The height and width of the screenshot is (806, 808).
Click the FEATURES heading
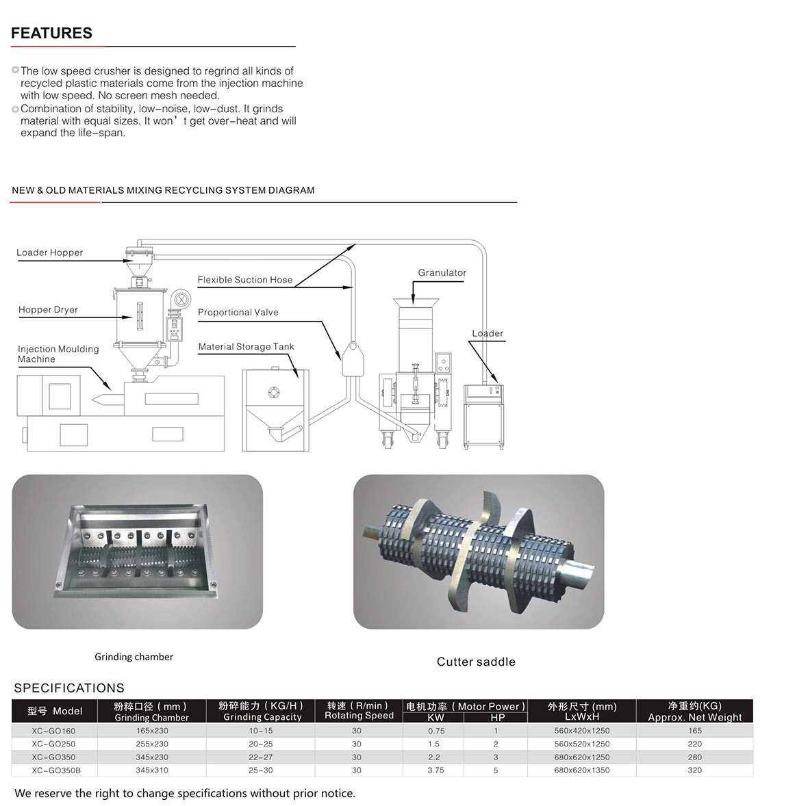point(51,34)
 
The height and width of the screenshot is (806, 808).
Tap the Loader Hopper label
point(50,252)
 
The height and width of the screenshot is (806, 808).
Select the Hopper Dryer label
point(48,310)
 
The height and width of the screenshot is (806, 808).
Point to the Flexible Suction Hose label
point(244,280)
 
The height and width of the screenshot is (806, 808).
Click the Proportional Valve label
point(238,313)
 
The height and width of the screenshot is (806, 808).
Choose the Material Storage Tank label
point(246,347)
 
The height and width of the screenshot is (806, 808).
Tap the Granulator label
point(442,273)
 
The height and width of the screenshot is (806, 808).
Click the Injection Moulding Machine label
point(58,354)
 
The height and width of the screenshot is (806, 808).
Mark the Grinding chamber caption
point(134,657)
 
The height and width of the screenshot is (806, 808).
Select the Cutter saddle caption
point(476,662)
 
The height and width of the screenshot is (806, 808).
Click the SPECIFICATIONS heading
point(69,688)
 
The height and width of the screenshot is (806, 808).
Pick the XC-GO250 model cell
point(53,744)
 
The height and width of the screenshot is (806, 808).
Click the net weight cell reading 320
point(694,770)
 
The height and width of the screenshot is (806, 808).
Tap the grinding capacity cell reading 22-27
point(260,757)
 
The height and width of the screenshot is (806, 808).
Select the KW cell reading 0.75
point(435,731)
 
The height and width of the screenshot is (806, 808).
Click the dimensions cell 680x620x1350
point(581,770)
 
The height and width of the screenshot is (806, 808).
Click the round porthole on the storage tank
point(274,393)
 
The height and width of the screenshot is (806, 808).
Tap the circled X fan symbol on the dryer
point(181,299)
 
